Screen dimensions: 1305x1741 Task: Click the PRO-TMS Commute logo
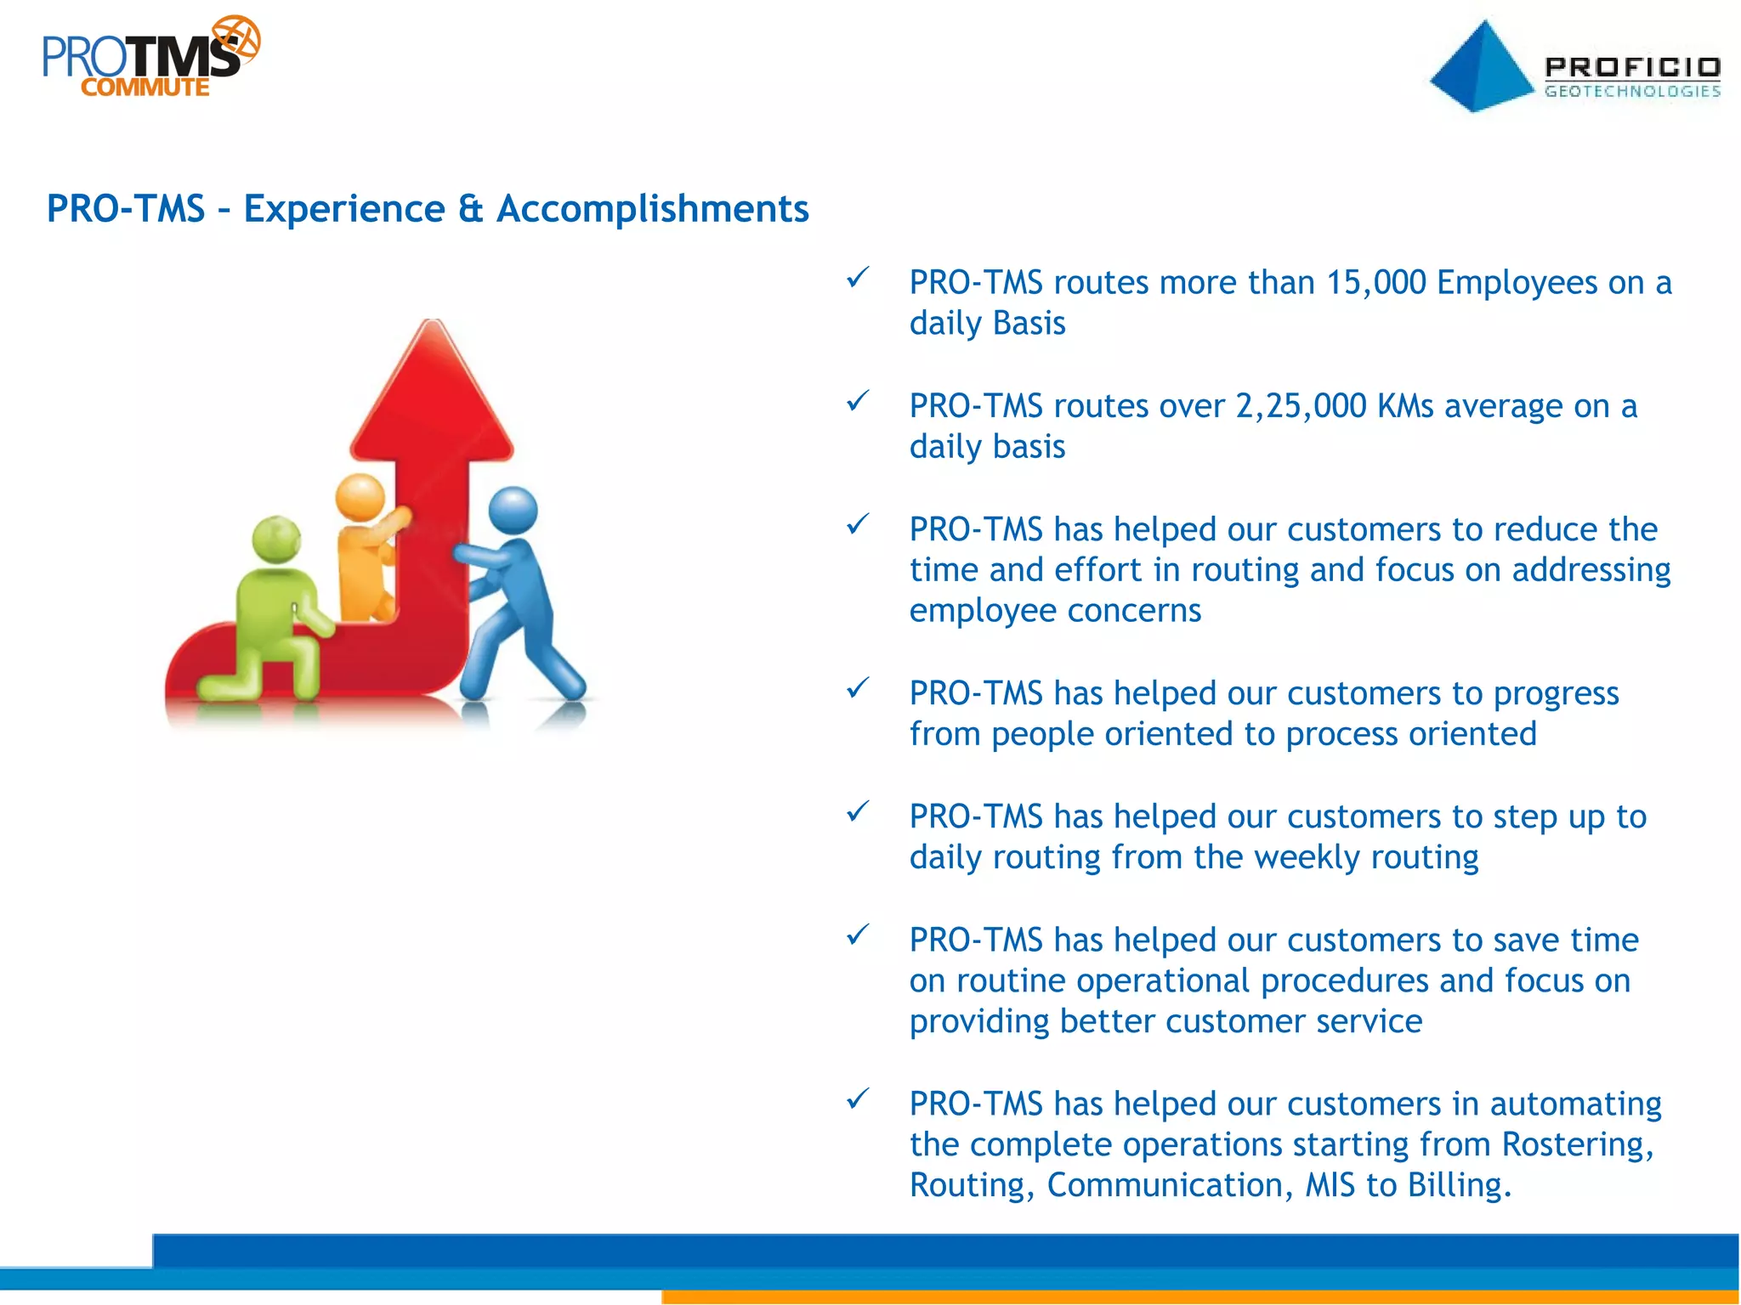pyautogui.click(x=149, y=58)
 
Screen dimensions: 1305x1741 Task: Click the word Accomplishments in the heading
pyautogui.click(x=652, y=209)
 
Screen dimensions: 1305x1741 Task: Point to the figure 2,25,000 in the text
pyautogui.click(x=1301, y=406)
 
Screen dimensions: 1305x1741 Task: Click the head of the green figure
pyautogui.click(x=277, y=539)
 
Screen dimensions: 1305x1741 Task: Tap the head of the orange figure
pyautogui.click(x=360, y=497)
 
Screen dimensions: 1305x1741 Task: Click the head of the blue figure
pyautogui.click(x=513, y=511)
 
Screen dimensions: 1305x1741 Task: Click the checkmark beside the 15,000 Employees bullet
pyautogui.click(x=858, y=277)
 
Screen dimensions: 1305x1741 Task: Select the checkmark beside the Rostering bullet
pyautogui.click(x=858, y=1099)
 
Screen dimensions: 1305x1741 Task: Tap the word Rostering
pyautogui.click(x=1575, y=1144)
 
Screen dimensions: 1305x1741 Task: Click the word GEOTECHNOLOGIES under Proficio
pyautogui.click(x=1632, y=91)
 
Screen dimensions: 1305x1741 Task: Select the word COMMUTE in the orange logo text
pyautogui.click(x=145, y=88)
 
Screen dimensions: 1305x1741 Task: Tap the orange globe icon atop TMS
pyautogui.click(x=236, y=39)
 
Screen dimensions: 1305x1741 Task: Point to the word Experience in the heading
pyautogui.click(x=343, y=209)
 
